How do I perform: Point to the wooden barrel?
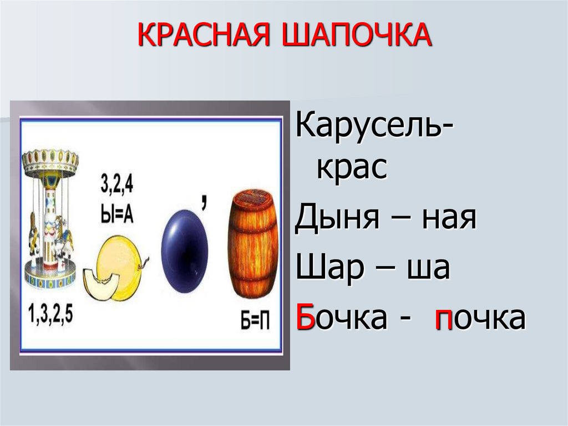[x=253, y=245]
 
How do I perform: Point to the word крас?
[x=351, y=167]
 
